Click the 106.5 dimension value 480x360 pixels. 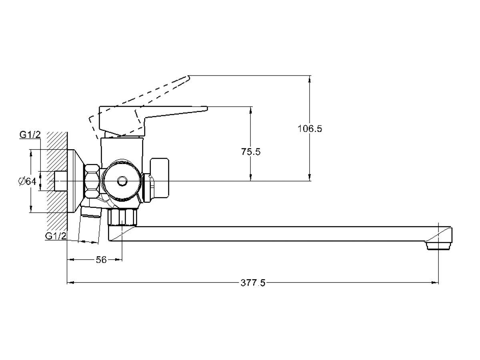tap(310, 129)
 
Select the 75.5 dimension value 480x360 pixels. tap(251, 152)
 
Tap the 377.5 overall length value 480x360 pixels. tap(253, 283)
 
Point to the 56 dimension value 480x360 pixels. tap(101, 260)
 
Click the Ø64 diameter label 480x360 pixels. tap(27, 181)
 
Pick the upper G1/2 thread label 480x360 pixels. tap(30, 135)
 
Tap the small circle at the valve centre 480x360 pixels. tap(121, 182)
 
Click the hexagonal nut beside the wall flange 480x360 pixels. tap(92, 181)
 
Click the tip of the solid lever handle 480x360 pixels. tap(206, 108)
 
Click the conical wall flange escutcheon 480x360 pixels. tap(76, 181)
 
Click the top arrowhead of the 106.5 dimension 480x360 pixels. tap(309, 78)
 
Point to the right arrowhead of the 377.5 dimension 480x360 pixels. tap(436, 283)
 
